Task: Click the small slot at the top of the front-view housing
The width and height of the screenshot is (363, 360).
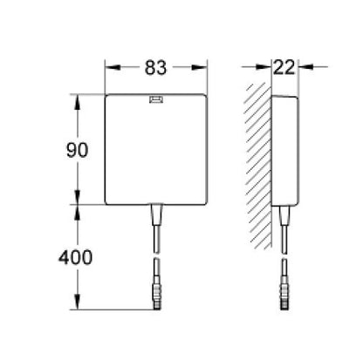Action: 156,99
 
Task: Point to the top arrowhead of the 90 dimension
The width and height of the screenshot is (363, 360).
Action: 80,98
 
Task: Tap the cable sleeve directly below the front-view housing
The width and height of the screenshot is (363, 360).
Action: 156,214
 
